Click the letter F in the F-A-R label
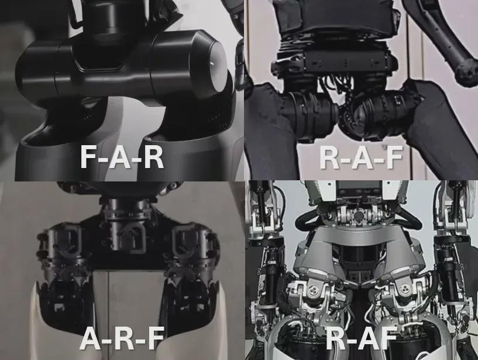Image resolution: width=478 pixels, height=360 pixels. pyautogui.click(x=89, y=156)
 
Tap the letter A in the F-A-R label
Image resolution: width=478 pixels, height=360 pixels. pyautogui.click(x=121, y=156)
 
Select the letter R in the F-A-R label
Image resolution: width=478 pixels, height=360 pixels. pyautogui.click(x=153, y=156)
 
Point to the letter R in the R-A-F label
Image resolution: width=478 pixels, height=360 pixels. pyautogui.click(x=329, y=157)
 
